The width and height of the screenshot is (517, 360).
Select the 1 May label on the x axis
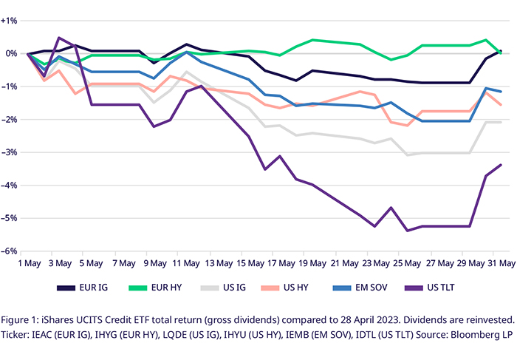(x=28, y=264)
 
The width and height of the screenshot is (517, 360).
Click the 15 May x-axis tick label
(x=251, y=264)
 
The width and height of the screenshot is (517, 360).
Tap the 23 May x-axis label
(x=378, y=264)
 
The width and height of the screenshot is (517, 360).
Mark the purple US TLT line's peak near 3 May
(x=59, y=38)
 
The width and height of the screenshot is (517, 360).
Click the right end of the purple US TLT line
(x=501, y=165)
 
